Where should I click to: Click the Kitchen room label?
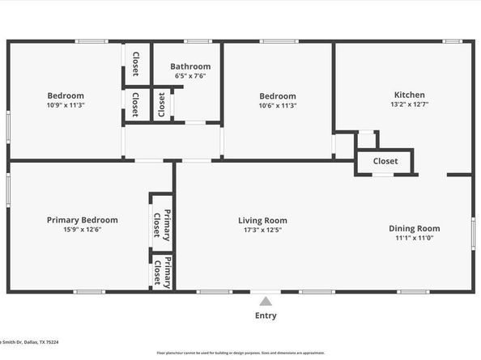[409, 95]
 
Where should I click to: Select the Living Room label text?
[262, 220]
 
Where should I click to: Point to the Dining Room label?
[415, 228]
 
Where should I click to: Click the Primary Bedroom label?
[82, 219]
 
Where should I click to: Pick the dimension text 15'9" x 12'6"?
[82, 229]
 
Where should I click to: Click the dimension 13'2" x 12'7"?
[409, 104]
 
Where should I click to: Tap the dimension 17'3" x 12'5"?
[262, 230]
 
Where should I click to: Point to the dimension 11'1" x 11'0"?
[415, 238]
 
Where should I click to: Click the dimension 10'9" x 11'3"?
[66, 104]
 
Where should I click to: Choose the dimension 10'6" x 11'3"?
[277, 105]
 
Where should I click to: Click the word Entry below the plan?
[266, 316]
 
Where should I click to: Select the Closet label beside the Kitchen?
[385, 161]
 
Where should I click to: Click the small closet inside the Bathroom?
[162, 105]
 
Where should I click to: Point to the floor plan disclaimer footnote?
[240, 353]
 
